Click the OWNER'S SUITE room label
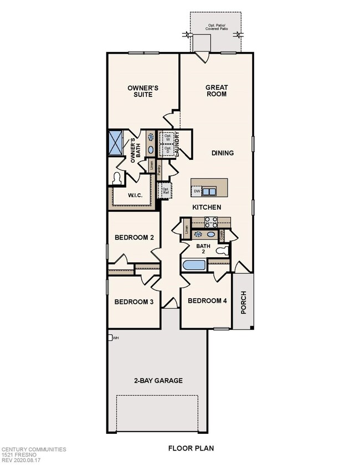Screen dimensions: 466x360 pyautogui.click(x=140, y=91)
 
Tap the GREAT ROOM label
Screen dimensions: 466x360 pyautogui.click(x=217, y=91)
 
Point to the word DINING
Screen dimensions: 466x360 pyautogui.click(x=222, y=153)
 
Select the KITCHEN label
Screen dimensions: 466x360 pyautogui.click(x=207, y=207)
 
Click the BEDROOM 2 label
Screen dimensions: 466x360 pyautogui.click(x=134, y=238)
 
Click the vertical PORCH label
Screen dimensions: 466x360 pyautogui.click(x=243, y=302)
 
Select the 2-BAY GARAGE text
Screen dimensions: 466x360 pyautogui.click(x=158, y=381)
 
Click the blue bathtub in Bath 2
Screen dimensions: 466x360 pyautogui.click(x=194, y=264)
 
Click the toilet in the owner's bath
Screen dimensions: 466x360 pyautogui.click(x=117, y=178)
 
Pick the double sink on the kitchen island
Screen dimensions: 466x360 pyautogui.click(x=209, y=191)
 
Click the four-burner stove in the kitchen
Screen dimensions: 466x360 pyautogui.click(x=210, y=222)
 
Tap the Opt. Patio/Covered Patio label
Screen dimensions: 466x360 pyautogui.click(x=215, y=28)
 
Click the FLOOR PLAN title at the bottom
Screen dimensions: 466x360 pyautogui.click(x=191, y=448)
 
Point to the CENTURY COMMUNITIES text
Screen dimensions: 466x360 pyautogui.click(x=33, y=450)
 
